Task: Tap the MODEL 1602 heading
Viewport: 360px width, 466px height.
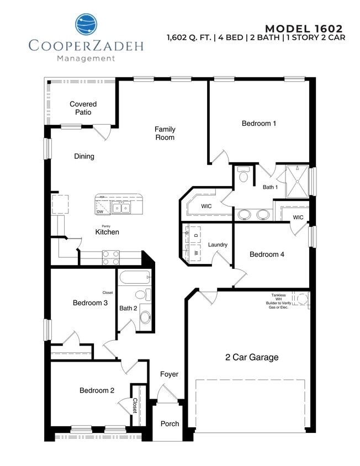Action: tap(304, 28)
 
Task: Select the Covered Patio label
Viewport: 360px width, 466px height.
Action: tap(83, 108)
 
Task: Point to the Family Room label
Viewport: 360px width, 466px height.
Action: tap(165, 133)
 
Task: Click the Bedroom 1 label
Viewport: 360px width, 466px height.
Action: tap(259, 123)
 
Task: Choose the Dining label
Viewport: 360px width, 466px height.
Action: tap(84, 156)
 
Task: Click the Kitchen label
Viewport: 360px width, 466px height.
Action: tap(107, 232)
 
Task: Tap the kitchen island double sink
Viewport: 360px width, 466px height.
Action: tap(121, 208)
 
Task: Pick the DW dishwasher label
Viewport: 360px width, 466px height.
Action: tap(100, 211)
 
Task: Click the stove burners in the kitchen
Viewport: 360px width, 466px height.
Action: tap(110, 256)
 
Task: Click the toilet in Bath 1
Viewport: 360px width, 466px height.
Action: tap(243, 176)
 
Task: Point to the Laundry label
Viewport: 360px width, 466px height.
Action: tap(218, 245)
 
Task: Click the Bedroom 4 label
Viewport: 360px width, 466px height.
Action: tap(267, 255)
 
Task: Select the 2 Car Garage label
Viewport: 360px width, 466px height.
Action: tap(252, 357)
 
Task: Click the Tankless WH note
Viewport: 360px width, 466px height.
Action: tap(282, 301)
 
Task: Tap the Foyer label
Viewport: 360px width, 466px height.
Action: tap(170, 374)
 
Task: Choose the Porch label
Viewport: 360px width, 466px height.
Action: tap(170, 423)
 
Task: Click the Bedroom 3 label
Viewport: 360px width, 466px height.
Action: tap(90, 303)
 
